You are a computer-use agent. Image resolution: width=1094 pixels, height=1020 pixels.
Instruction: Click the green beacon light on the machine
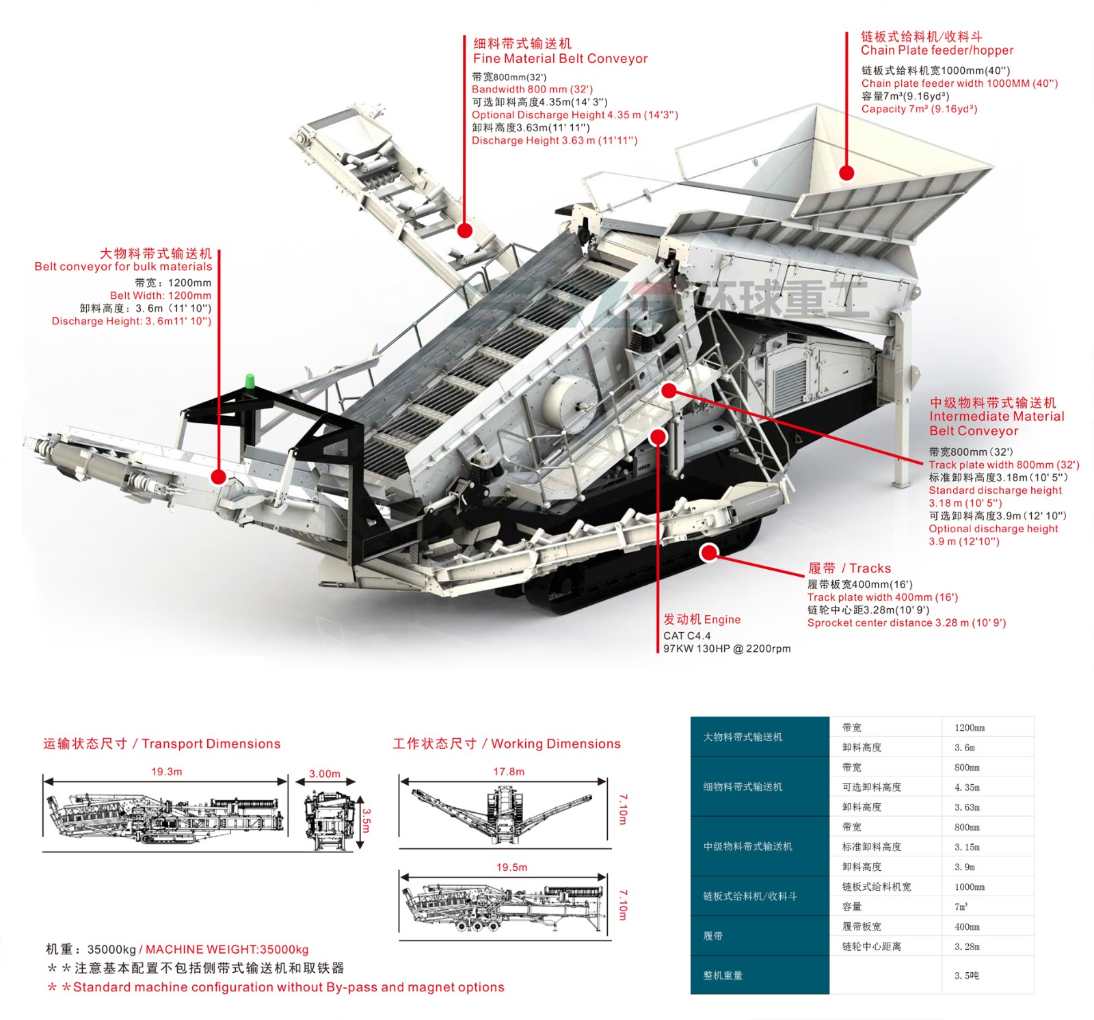click(x=250, y=381)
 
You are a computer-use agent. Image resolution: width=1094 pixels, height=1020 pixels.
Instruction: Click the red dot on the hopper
click(x=846, y=172)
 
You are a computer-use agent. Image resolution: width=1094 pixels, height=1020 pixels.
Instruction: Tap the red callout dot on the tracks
click(x=710, y=552)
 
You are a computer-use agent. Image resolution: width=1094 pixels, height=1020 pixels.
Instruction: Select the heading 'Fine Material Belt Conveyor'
click(x=560, y=59)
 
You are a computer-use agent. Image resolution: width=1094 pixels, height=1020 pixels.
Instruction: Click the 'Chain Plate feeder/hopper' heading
click(x=937, y=51)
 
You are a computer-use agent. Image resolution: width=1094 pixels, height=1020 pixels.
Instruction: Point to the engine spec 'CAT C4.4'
click(x=686, y=636)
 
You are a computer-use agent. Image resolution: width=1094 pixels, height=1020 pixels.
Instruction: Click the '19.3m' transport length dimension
click(x=166, y=772)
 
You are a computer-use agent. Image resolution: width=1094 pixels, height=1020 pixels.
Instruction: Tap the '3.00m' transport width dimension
click(x=324, y=774)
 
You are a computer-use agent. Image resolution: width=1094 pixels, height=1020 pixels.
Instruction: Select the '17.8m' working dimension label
click(x=509, y=772)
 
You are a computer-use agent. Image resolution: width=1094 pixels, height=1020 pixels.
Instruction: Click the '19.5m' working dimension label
click(x=511, y=867)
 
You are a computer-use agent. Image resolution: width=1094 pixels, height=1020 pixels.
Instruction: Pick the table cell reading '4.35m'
click(x=967, y=787)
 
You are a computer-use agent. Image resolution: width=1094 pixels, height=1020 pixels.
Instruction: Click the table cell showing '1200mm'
click(x=970, y=728)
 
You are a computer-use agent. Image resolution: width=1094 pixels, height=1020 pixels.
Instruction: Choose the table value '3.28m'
click(x=967, y=947)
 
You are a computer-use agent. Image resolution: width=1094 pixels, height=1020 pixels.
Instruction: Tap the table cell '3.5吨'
click(x=967, y=976)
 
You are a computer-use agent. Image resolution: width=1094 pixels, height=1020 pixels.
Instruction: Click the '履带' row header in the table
click(x=713, y=936)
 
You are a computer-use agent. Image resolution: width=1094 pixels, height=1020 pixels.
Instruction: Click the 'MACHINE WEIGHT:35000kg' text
click(x=227, y=950)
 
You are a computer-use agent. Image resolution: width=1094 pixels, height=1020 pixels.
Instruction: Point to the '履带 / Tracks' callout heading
click(x=849, y=568)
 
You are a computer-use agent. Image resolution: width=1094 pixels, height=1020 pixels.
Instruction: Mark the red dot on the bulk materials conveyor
click(x=219, y=477)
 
